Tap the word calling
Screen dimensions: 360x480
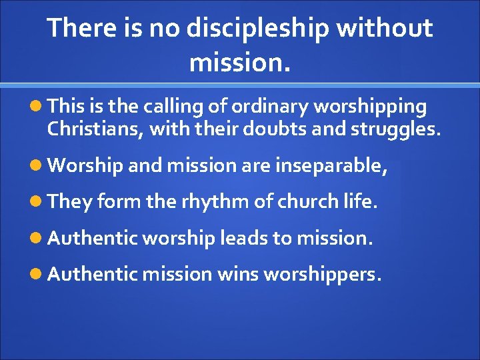point(177,107)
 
